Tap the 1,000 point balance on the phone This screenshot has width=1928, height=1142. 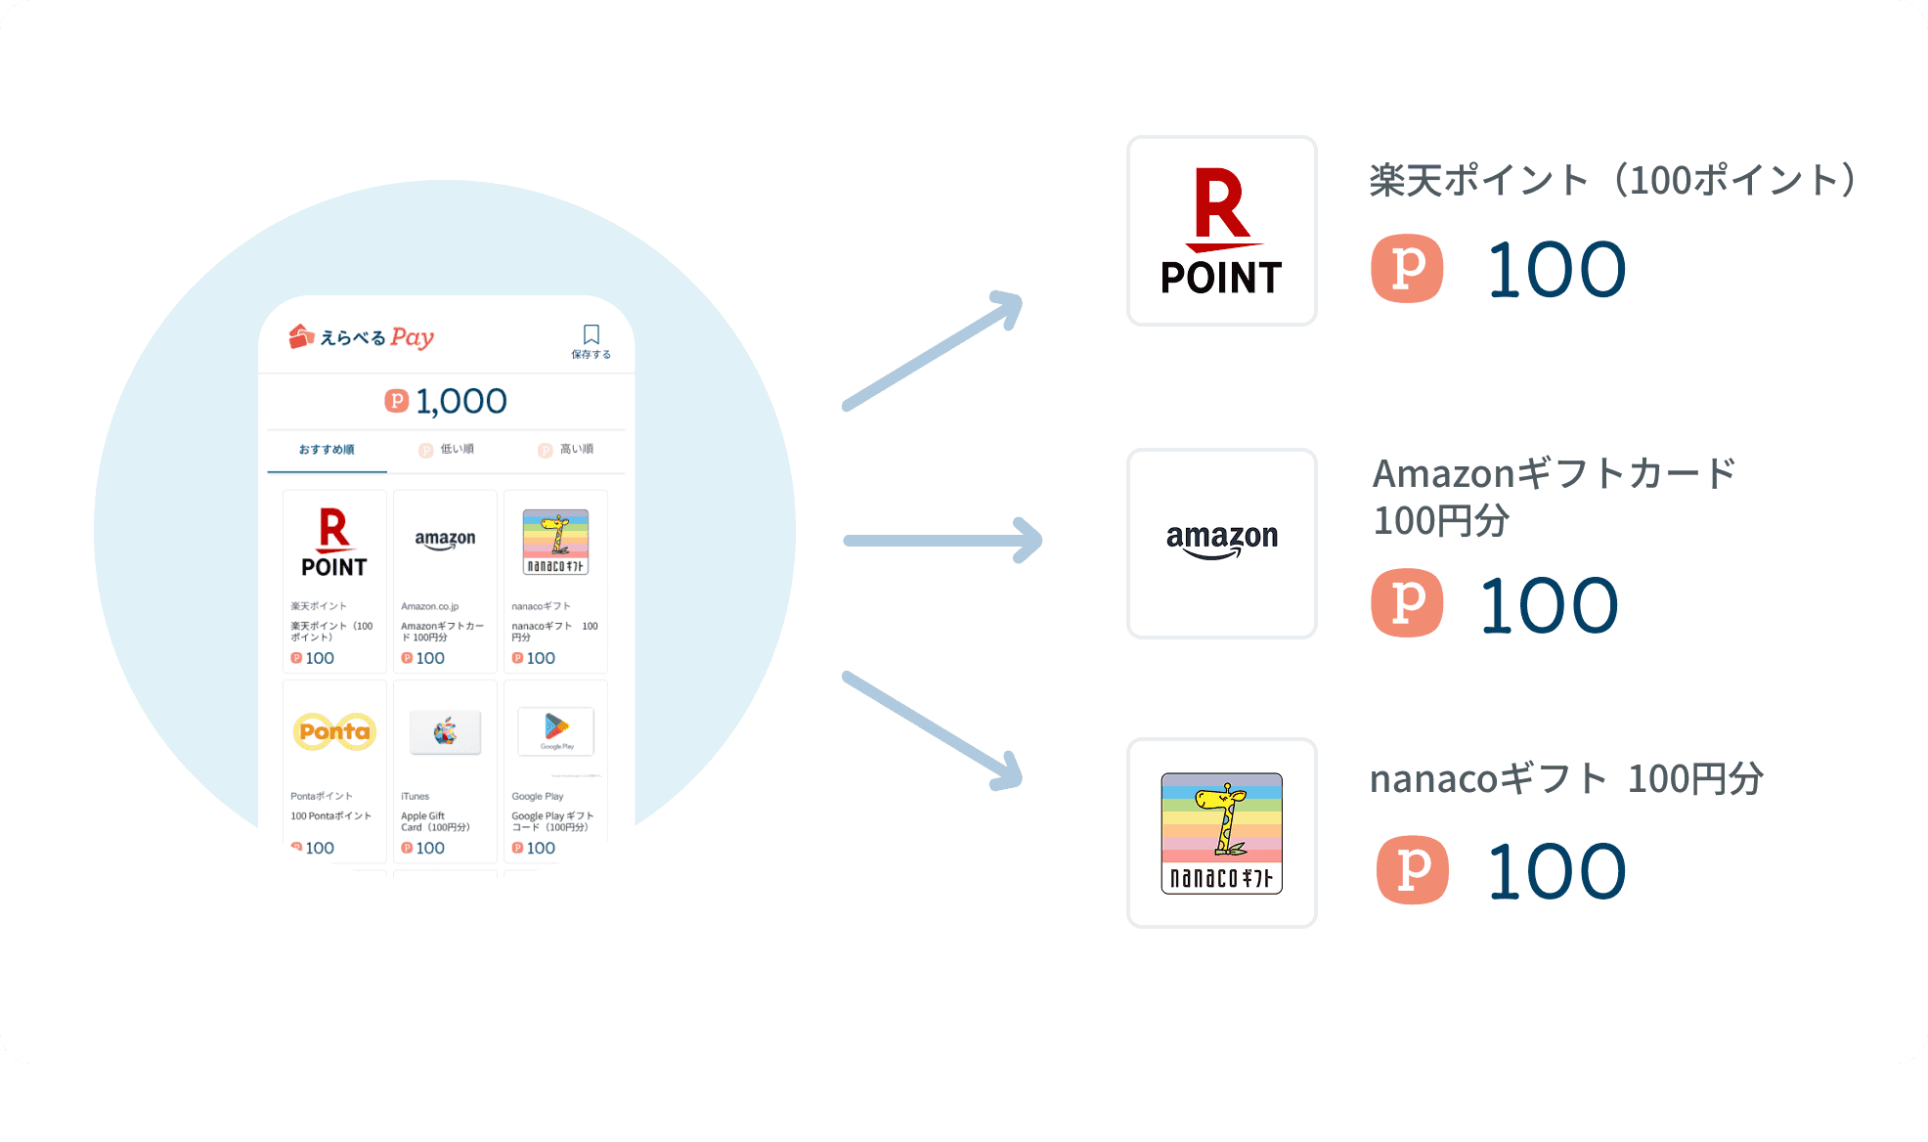tap(447, 401)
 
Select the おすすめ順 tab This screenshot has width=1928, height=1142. tap(327, 450)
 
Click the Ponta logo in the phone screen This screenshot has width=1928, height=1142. tap(334, 731)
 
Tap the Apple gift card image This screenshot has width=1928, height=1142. tap(445, 731)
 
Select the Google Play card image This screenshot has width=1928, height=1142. tap(555, 729)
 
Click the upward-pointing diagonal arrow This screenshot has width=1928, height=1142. tap(933, 351)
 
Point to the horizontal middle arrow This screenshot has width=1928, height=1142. tap(942, 541)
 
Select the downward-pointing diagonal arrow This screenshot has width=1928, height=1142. tap(933, 730)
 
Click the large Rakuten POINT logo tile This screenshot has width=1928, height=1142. tap(1221, 231)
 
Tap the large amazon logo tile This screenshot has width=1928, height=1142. tap(1221, 543)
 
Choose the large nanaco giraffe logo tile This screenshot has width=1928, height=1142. tap(1221, 833)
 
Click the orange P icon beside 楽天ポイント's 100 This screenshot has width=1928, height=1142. tap(1407, 268)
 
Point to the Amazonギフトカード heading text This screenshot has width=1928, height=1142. tap(1554, 474)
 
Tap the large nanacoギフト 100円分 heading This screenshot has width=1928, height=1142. tap(1565, 779)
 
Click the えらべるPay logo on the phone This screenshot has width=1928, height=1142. tap(362, 337)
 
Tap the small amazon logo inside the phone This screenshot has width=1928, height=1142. tap(445, 541)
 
